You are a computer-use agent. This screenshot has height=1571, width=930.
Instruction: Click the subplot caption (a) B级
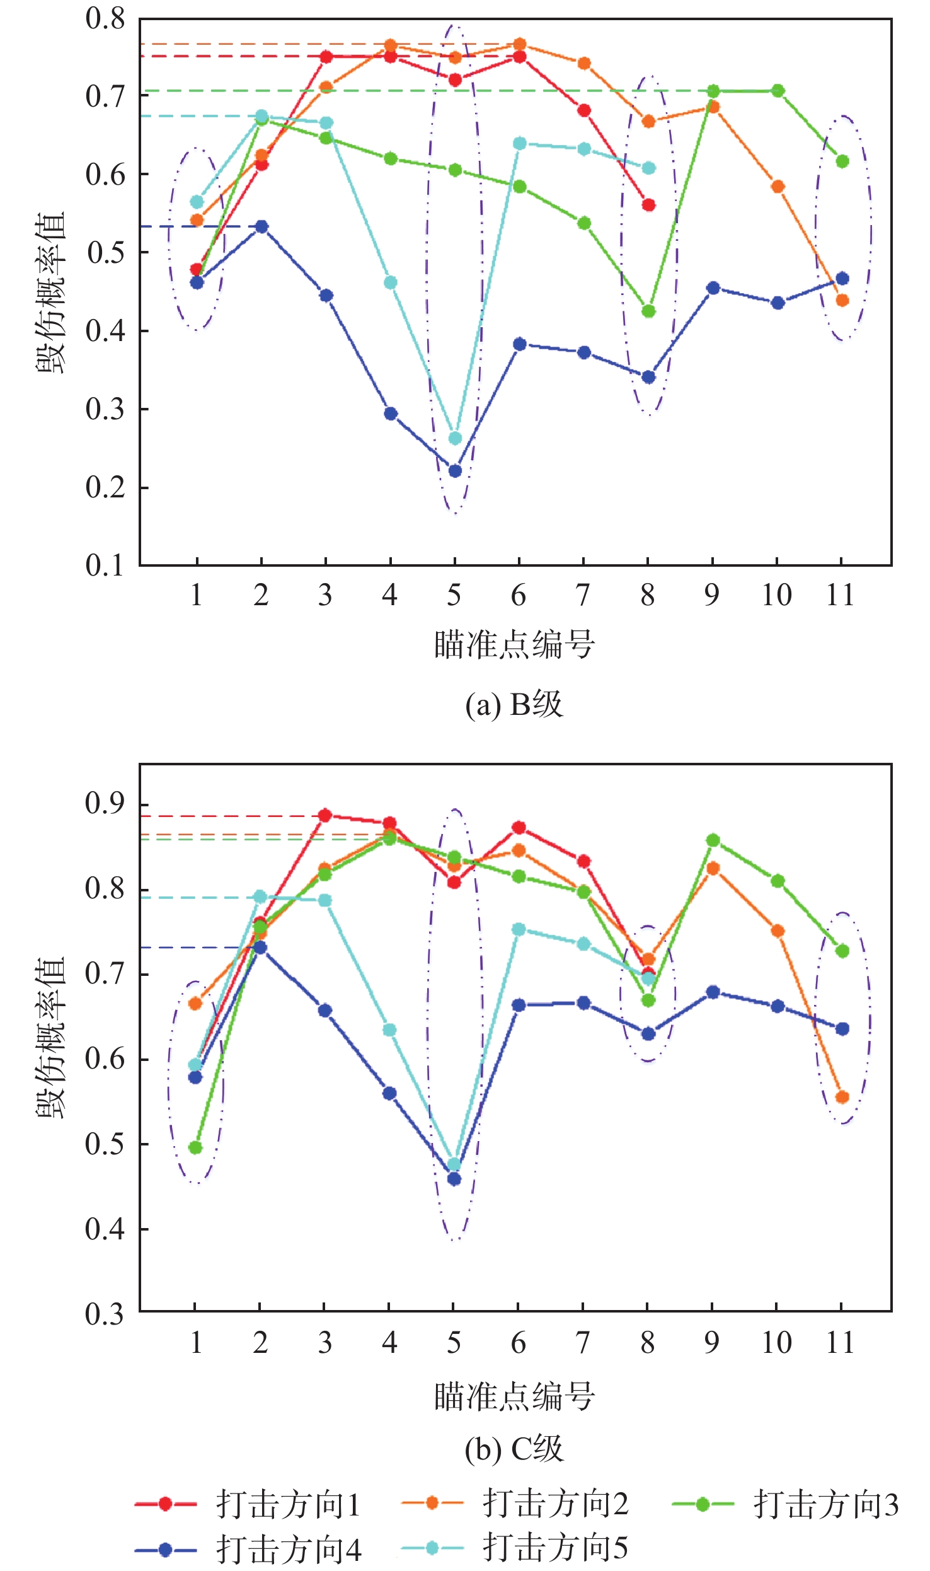514,704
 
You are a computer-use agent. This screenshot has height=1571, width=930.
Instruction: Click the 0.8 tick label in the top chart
105,19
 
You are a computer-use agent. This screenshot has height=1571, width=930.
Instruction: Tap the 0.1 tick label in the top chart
105,565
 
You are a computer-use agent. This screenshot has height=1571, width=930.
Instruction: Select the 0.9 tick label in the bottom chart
105,803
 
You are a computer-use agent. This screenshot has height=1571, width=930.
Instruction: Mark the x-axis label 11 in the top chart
841,595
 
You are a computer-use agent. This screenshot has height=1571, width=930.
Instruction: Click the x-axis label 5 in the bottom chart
454,1343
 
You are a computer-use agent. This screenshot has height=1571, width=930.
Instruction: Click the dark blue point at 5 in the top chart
455,471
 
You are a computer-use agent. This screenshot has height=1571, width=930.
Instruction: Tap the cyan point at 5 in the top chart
455,438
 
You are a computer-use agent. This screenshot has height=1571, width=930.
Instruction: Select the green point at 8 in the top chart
648,311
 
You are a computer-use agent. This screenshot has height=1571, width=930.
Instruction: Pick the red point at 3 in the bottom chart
325,815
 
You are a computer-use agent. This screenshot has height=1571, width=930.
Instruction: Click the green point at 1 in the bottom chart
195,1147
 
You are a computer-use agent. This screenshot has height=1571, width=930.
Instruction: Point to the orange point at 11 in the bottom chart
842,1097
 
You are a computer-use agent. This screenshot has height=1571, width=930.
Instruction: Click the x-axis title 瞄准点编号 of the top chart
514,644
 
